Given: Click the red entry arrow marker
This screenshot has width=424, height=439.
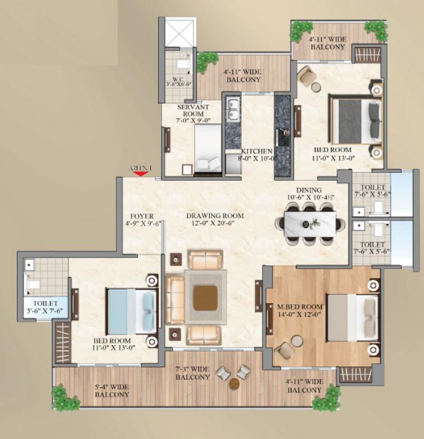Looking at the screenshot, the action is coord(141,173).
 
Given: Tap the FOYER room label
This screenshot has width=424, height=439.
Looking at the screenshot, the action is coord(142,217).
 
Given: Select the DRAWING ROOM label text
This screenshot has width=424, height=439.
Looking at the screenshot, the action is coord(215,216).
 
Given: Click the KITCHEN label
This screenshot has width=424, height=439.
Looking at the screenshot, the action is coord(256,151).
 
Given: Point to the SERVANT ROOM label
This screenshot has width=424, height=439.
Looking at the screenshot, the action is coord(193,110).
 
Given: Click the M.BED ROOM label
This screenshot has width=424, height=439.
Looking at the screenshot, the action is coord(300,307).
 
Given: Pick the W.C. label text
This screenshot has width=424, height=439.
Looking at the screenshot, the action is coord(178,80).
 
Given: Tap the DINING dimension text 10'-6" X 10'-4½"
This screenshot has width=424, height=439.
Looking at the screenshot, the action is coord(311,197).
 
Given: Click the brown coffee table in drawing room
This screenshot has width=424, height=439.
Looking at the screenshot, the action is coord(206,298).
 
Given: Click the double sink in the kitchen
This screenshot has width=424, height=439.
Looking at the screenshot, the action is coord(233,109).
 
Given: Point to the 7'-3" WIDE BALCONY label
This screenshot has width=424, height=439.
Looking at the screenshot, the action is coord(193,373).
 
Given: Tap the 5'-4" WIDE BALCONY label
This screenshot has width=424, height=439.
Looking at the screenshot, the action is coord(112,391).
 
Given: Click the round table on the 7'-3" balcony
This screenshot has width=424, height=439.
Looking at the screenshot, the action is coord(234,384).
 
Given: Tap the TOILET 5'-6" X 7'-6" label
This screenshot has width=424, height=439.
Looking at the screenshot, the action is coord(45,307).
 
